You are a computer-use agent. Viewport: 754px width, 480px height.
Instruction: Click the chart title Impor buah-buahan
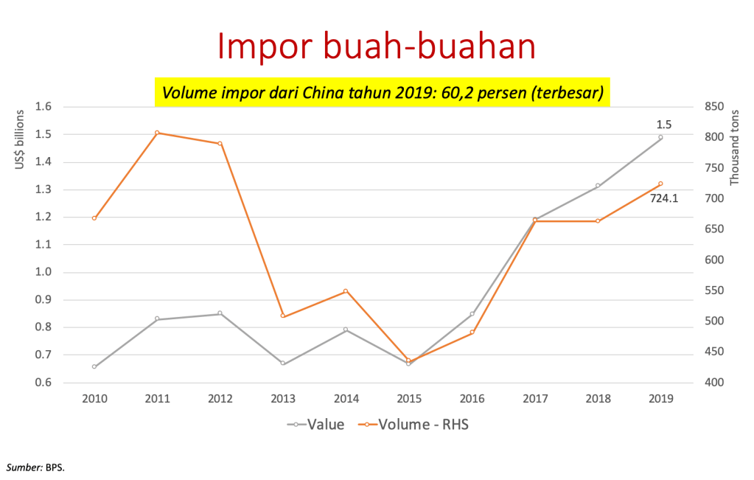376,46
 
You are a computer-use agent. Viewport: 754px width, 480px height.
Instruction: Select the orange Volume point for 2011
157,133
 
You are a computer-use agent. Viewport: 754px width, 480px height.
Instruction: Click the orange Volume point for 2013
283,316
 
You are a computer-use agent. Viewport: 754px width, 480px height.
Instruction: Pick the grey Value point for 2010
94,366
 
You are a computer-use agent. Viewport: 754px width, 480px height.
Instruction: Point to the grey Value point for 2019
660,138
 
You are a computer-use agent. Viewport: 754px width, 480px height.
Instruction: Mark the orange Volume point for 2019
660,184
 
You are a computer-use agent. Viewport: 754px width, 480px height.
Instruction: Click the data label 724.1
664,198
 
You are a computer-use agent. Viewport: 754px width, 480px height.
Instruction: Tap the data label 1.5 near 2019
664,125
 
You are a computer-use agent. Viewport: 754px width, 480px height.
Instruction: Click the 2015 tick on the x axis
409,398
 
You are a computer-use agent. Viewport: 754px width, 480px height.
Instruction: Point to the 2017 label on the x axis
535,398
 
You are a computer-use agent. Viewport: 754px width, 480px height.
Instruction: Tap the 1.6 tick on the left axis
42,107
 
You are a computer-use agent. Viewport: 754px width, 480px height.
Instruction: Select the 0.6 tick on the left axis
42,383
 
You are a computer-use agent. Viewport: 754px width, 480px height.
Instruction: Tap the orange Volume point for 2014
346,291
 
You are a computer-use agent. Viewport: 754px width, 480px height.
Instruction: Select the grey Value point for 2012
220,313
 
